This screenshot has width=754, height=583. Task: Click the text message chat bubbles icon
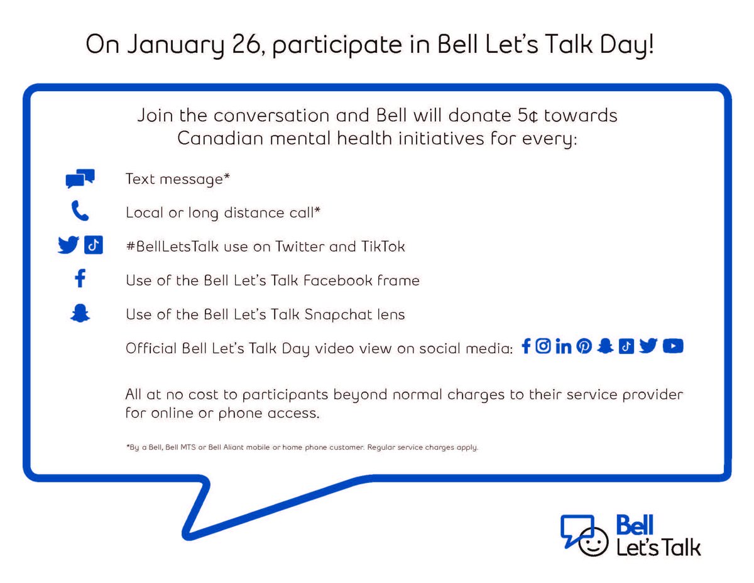click(x=80, y=179)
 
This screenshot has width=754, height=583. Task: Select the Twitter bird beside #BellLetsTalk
click(x=68, y=245)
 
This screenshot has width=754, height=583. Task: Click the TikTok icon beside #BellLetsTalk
click(x=93, y=245)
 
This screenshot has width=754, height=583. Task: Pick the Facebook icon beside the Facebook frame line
click(x=80, y=279)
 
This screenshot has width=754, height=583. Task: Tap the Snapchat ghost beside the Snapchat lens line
click(x=80, y=313)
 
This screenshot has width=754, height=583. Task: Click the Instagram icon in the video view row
click(x=544, y=346)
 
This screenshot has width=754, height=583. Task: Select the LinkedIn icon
click(x=564, y=346)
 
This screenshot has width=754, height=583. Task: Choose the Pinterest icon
click(x=584, y=346)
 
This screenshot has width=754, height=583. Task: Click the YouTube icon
click(x=672, y=346)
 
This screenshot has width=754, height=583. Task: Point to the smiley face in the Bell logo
click(x=593, y=543)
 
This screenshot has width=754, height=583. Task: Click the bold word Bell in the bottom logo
click(x=635, y=525)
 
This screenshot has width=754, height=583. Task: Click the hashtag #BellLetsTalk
click(x=172, y=247)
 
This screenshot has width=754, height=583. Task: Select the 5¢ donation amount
click(x=522, y=116)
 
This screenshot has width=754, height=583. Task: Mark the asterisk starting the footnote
click(x=128, y=447)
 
